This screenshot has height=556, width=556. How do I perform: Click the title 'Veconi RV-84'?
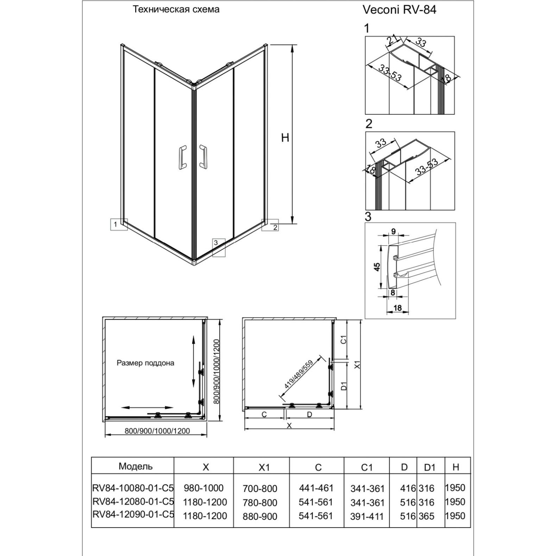[399, 10]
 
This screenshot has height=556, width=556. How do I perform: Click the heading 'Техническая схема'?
[176, 10]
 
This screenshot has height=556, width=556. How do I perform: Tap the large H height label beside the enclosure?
[285, 138]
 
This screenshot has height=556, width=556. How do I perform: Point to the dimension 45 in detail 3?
[377, 267]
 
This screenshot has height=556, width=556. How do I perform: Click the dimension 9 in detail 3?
[393, 232]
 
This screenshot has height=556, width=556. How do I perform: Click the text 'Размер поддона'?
[145, 363]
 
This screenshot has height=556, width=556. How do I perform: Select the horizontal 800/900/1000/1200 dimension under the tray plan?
[157, 431]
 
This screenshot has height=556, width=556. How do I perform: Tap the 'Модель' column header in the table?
[135, 467]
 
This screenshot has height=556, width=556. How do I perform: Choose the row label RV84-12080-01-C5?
[133, 502]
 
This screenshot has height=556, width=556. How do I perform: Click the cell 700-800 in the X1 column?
[260, 488]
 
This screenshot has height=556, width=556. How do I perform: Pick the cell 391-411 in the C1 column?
[367, 517]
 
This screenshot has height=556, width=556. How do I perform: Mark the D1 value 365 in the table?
[427, 516]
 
